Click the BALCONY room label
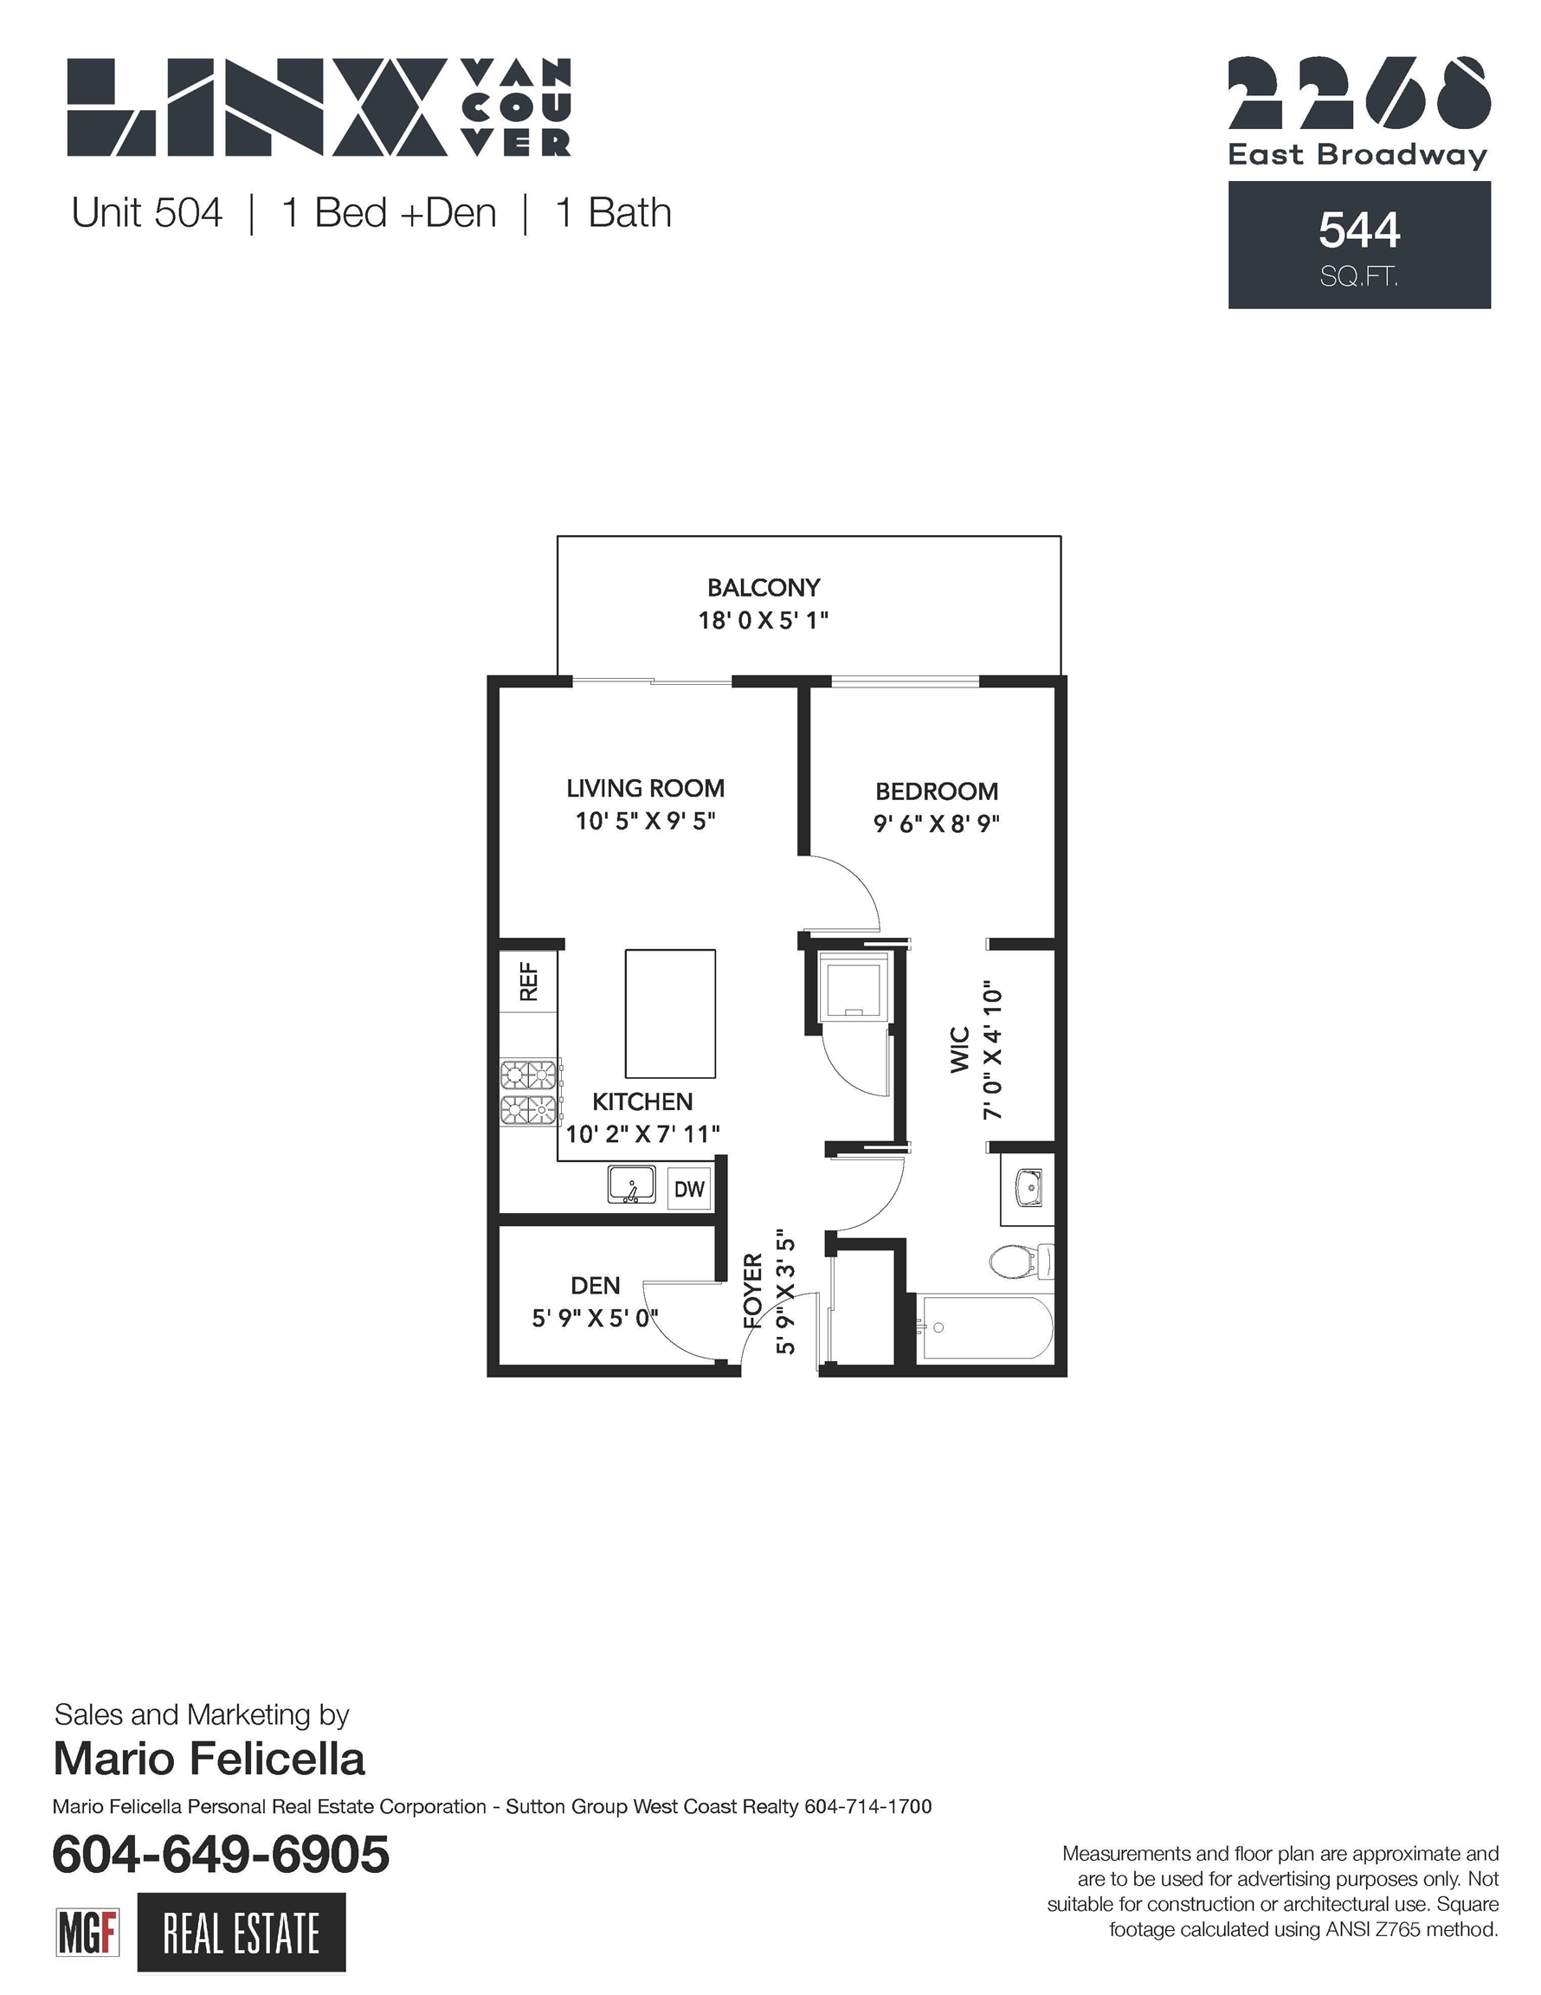[x=764, y=587]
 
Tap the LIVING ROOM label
[x=645, y=788]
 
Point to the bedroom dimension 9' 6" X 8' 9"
[x=937, y=823]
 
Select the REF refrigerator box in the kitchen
[x=528, y=981]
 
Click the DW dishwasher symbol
[x=689, y=1188]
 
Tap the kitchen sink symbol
[x=632, y=1184]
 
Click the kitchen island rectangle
[x=669, y=1014]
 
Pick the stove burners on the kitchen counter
[x=529, y=1092]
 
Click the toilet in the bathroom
[x=1022, y=1262]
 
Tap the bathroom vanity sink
[x=1028, y=1188]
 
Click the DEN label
[x=596, y=1285]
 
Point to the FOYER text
[x=751, y=1291]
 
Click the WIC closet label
[x=959, y=1049]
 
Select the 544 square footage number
[x=1359, y=230]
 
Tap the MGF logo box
[x=87, y=1932]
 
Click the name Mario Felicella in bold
[x=210, y=1759]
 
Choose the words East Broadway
[x=1357, y=155]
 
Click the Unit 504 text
[x=147, y=213]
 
